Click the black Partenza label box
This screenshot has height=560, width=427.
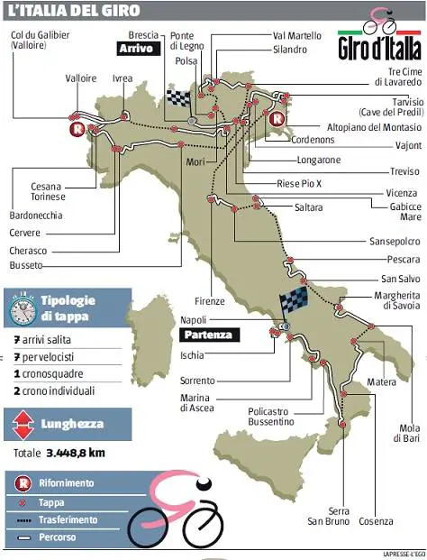[x=207, y=335]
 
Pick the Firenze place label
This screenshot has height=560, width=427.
[x=209, y=301]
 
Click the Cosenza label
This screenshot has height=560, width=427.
[x=376, y=521]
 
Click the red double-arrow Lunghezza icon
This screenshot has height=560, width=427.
[x=21, y=423]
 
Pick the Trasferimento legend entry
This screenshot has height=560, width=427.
[x=68, y=519]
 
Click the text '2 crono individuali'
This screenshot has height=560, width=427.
[x=59, y=391]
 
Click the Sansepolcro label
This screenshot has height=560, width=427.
[x=394, y=241]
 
